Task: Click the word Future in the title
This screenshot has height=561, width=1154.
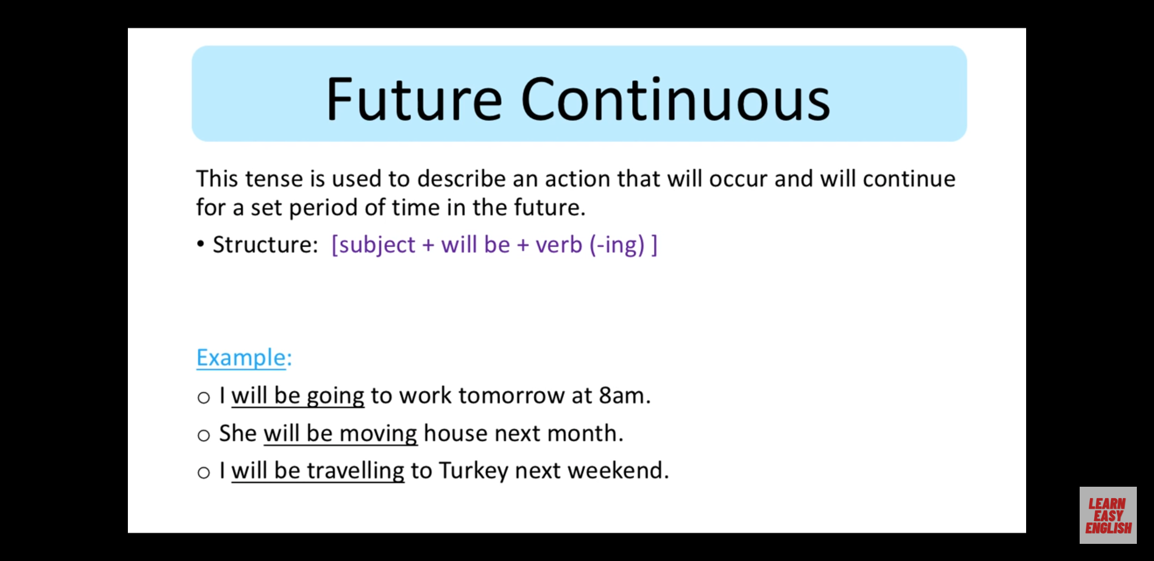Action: click(414, 99)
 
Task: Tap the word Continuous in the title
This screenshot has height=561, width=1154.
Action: click(675, 99)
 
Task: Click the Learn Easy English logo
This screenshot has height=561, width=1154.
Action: click(1108, 515)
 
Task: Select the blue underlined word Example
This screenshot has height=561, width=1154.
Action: click(241, 357)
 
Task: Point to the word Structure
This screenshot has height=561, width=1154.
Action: click(265, 244)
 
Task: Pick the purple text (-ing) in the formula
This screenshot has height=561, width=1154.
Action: click(617, 245)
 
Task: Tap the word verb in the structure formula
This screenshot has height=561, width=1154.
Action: click(559, 244)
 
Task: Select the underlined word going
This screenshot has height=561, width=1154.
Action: click(335, 397)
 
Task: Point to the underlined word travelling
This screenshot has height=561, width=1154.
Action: click(356, 471)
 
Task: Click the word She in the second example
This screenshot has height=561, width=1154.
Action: click(238, 433)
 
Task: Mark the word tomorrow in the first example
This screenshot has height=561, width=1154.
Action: click(512, 396)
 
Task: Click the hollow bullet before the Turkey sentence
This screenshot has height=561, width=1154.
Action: click(204, 473)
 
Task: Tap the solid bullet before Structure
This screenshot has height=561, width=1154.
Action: click(201, 245)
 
